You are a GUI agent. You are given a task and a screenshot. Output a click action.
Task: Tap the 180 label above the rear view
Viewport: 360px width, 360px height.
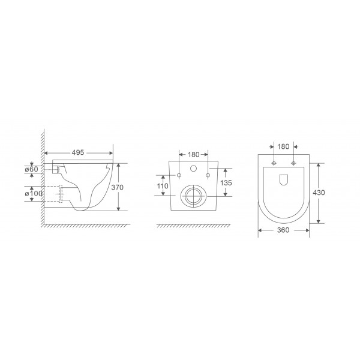[x=194, y=154]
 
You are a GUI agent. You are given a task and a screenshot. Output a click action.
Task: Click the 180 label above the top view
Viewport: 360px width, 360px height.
[x=284, y=146]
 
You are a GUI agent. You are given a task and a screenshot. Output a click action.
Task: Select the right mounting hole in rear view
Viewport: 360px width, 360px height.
[x=208, y=175]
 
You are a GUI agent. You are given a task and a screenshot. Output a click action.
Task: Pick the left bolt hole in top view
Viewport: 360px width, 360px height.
[x=274, y=163]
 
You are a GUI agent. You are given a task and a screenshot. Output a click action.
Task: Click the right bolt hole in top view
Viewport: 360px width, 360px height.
[x=293, y=163]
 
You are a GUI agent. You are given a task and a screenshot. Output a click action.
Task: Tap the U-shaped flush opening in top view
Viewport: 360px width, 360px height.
[x=284, y=179]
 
